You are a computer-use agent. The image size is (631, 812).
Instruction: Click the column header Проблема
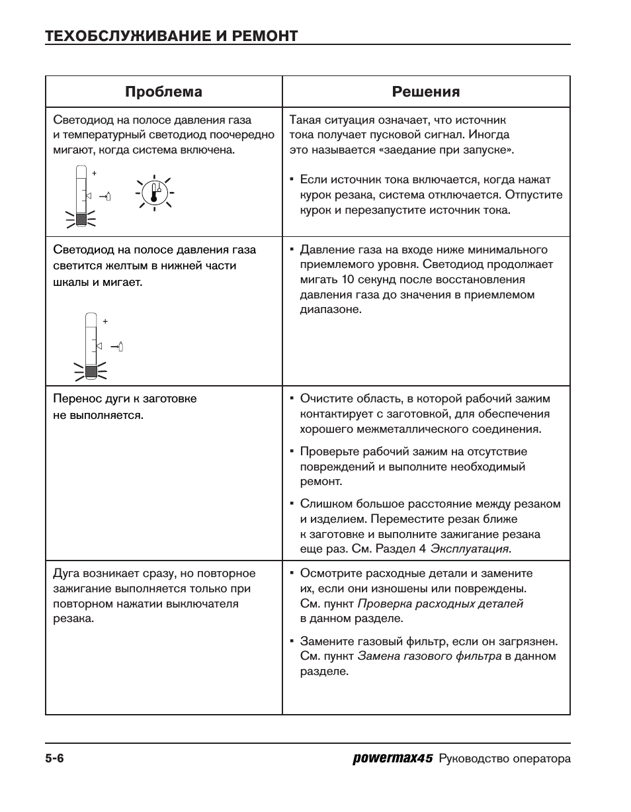tap(163, 91)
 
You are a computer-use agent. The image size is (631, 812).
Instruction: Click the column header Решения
tap(426, 91)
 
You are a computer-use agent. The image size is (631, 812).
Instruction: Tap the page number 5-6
tap(54, 759)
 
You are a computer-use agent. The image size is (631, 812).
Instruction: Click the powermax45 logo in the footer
tap(392, 759)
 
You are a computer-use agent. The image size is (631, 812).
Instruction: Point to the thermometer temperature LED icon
tap(154, 193)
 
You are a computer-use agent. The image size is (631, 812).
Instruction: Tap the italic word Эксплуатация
tap(470, 549)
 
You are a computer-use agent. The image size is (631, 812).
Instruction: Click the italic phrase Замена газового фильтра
tap(429, 656)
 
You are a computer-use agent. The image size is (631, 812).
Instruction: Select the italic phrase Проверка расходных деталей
tap(440, 604)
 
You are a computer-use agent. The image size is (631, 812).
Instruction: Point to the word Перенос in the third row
tap(75, 399)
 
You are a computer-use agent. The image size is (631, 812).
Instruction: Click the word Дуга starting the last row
tap(65, 574)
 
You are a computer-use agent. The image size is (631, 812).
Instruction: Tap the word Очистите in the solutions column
tap(325, 399)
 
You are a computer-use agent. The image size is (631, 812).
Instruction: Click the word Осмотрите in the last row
tap(329, 574)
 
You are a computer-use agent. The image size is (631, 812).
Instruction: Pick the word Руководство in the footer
tap(473, 760)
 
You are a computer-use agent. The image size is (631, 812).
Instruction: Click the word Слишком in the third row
tap(323, 504)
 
